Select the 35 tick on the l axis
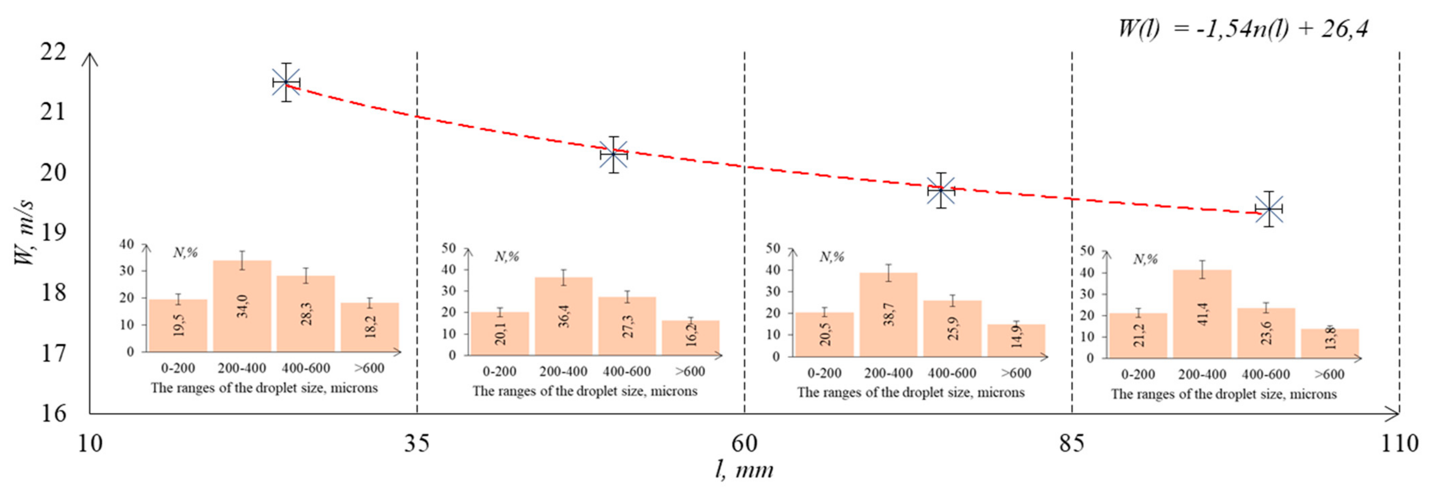[417, 444]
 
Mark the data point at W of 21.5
[286, 83]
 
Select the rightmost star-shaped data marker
[1269, 209]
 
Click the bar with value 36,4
[564, 316]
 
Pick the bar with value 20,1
[500, 333]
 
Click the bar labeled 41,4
[1202, 314]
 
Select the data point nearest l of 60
[613, 155]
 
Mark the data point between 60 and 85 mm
[941, 191]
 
